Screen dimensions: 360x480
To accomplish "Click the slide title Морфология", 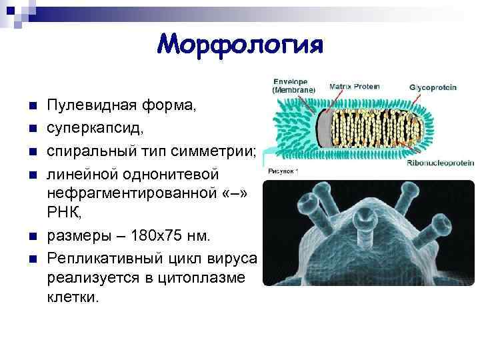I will [240, 45].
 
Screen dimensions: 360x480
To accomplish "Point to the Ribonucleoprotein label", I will [440, 162].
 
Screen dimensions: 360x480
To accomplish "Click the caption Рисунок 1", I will [283, 171].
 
